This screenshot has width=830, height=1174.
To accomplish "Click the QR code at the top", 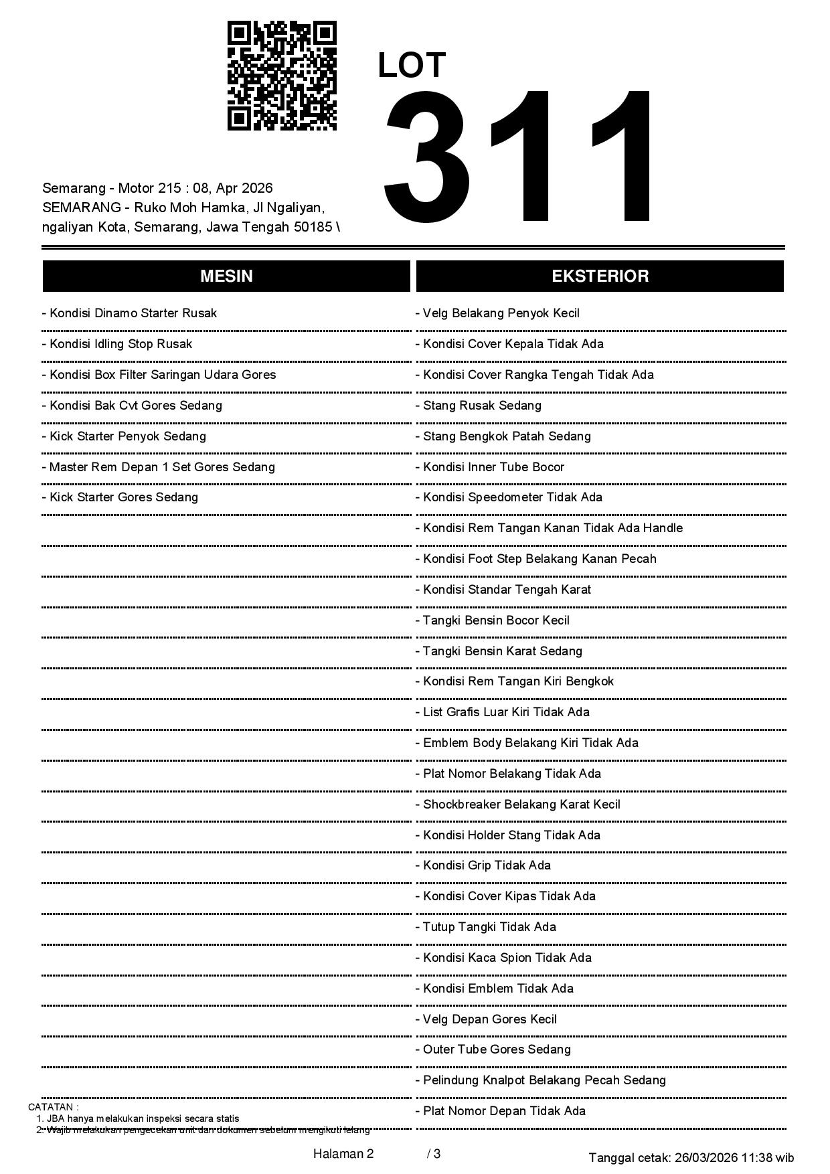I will click(x=282, y=76).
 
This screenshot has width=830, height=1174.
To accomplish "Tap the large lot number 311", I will click(x=519, y=157).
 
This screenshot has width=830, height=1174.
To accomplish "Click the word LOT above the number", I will click(x=412, y=66).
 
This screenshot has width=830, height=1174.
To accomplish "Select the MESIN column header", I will click(x=226, y=276).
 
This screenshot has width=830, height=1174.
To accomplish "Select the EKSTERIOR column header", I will click(x=600, y=276).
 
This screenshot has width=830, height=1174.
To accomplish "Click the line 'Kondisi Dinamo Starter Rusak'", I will click(x=130, y=313).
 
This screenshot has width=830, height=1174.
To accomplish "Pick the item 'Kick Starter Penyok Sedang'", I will click(x=124, y=436).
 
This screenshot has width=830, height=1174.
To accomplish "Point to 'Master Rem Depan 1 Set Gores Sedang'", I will click(x=159, y=467).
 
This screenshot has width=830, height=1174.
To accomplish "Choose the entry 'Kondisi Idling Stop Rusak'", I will click(x=117, y=344).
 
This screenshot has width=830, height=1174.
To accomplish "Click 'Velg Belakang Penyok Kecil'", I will click(x=498, y=313).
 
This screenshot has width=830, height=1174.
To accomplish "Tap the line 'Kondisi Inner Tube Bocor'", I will click(x=490, y=467).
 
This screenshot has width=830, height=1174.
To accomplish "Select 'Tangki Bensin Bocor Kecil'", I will click(x=493, y=620).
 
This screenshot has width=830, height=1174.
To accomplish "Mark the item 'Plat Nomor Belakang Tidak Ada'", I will click(x=509, y=774).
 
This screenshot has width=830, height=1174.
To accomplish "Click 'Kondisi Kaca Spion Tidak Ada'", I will click(x=504, y=958).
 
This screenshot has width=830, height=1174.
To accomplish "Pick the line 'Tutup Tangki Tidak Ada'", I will click(x=486, y=927).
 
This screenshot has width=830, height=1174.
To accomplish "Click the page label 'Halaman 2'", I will click(x=343, y=1153).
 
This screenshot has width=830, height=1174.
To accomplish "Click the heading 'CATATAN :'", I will click(x=54, y=1107).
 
